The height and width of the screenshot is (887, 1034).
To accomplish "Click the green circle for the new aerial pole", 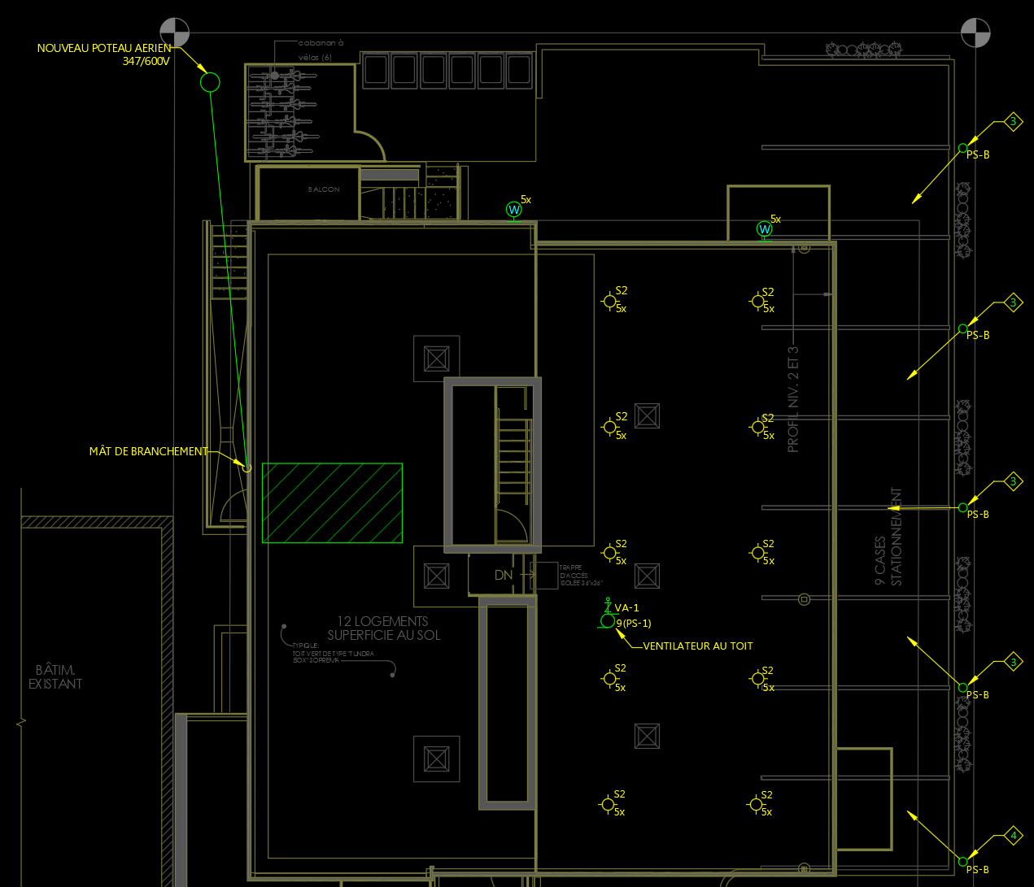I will pos(210,82).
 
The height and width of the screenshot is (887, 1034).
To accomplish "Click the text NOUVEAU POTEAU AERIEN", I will pos(104,48).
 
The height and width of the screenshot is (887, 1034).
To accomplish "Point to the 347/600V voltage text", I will pos(146,61).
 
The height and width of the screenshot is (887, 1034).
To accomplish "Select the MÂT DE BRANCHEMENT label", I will pos(148,451).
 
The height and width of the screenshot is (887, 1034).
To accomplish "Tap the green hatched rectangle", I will pos(332,502).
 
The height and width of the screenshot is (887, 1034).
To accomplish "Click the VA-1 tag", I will pos(626,607).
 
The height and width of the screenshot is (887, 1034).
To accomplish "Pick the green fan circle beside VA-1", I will pos(607,621).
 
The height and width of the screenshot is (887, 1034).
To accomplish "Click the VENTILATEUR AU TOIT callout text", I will pos(698,646).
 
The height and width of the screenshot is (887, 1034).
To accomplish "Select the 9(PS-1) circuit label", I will pos(635,624).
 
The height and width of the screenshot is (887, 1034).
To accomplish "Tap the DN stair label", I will pos(504,575).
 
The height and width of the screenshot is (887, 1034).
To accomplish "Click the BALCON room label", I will pos(324,189).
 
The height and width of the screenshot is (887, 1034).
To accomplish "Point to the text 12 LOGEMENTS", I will pos(382,621).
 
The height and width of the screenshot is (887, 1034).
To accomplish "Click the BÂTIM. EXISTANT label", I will pos(55,676).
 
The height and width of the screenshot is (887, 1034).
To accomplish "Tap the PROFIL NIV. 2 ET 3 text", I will pos(793,398).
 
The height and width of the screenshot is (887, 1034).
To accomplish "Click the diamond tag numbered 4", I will pos(1013,835).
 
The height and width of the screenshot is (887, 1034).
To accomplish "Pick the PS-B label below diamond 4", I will pos(978,870).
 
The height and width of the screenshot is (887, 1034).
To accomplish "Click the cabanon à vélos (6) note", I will pos(321,50).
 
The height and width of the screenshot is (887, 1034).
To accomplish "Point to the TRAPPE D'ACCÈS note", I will pos(580,575).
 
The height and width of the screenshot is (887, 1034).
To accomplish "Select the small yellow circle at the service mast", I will pos(247,468).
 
